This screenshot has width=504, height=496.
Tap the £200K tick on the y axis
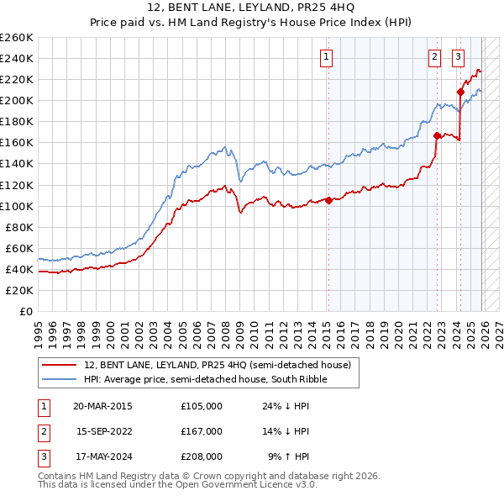[18, 100]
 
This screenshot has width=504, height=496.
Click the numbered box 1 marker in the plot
[326, 57]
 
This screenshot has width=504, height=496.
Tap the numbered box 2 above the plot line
[434, 57]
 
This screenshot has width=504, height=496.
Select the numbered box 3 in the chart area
[458, 57]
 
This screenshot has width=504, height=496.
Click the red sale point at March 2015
[328, 200]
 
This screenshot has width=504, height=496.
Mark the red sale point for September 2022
[437, 135]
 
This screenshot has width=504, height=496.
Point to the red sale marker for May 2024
[460, 92]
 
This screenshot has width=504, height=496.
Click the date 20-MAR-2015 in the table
[102, 405]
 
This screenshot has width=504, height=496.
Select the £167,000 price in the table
[202, 431]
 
